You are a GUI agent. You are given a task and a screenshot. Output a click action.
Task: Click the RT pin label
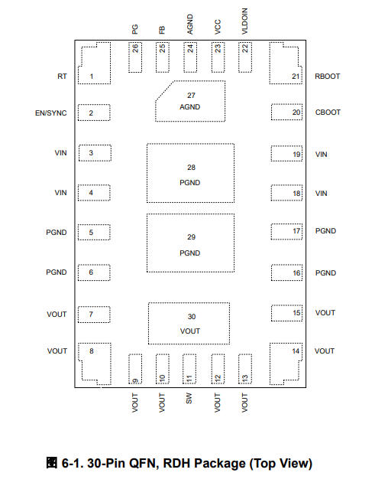point(62,77)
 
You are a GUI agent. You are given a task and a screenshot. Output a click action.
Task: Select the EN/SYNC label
point(50,113)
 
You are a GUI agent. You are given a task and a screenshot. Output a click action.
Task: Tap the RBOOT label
point(327,77)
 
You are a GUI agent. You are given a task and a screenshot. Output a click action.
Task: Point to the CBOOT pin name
point(328,112)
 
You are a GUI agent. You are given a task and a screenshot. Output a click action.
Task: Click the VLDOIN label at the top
point(244,21)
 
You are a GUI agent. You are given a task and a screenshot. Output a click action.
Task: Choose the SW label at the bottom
point(189,399)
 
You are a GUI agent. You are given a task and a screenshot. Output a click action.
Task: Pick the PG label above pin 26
point(134,30)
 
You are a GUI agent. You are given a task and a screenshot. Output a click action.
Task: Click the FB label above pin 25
point(162,30)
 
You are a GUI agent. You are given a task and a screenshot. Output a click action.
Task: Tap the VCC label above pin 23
point(218,27)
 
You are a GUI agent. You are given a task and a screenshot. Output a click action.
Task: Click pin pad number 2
point(94,112)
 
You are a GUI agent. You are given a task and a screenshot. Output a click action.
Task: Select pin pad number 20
point(286,112)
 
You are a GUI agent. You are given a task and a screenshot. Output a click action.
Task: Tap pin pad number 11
point(189,369)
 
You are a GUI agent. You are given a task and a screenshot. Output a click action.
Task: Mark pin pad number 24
point(190,57)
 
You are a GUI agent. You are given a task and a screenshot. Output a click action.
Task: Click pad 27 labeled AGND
point(190,101)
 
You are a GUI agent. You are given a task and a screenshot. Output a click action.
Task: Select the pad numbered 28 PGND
point(190,173)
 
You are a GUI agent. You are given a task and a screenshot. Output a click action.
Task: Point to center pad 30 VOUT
point(189,324)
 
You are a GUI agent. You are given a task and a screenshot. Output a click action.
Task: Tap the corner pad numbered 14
point(286,364)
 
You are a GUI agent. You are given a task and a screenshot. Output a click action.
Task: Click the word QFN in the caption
point(144,464)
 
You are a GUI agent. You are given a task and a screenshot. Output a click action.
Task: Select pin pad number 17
point(286,232)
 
